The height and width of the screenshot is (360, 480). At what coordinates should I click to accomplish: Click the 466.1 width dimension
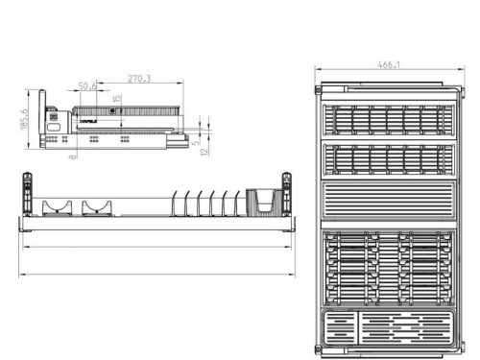point(388,66)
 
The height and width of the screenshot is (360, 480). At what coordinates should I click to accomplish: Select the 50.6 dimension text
point(87,86)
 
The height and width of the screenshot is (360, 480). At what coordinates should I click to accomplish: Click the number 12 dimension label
point(206,152)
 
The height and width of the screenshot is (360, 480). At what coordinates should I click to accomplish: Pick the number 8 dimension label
point(72,156)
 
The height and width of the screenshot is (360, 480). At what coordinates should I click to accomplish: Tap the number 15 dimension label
point(116,98)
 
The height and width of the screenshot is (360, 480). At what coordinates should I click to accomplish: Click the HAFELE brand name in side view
point(89,123)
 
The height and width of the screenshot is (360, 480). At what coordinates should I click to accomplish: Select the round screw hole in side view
point(112,112)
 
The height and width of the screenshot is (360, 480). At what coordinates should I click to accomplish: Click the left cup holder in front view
point(60,206)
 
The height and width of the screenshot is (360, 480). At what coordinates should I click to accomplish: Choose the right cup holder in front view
point(97,206)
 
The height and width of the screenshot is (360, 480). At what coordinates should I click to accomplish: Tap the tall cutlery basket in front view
point(263,204)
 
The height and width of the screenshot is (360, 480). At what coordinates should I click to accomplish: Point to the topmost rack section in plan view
point(388,119)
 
